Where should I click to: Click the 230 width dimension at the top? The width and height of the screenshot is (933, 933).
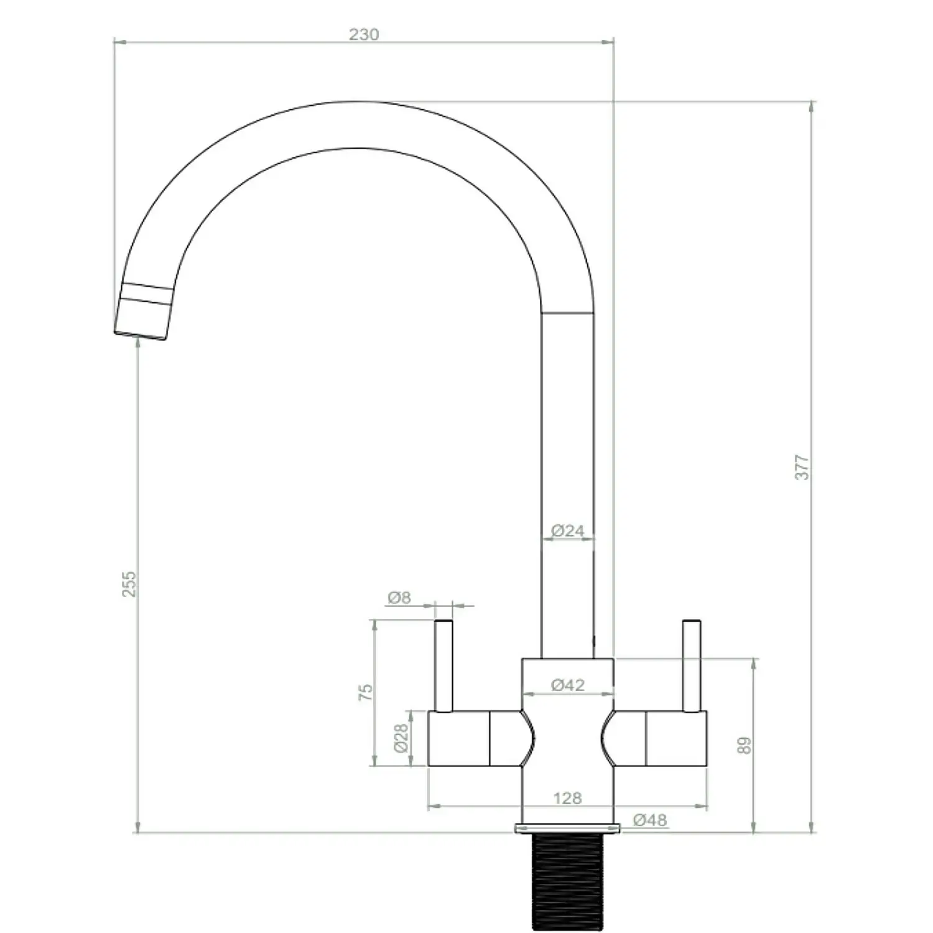pyautogui.click(x=363, y=34)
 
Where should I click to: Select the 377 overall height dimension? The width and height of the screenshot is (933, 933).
pyautogui.click(x=802, y=466)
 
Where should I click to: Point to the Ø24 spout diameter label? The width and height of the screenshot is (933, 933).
pyautogui.click(x=568, y=531)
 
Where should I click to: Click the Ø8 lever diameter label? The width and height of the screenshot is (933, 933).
pyautogui.click(x=399, y=598)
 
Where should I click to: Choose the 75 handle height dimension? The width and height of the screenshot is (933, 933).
pyautogui.click(x=366, y=692)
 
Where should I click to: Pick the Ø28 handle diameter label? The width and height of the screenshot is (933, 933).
pyautogui.click(x=402, y=738)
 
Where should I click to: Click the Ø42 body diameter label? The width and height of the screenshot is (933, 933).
pyautogui.click(x=568, y=685)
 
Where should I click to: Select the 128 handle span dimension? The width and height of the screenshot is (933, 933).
pyautogui.click(x=567, y=797)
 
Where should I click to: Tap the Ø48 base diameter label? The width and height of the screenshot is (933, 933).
pyautogui.click(x=650, y=820)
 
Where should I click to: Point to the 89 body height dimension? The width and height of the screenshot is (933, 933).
pyautogui.click(x=744, y=745)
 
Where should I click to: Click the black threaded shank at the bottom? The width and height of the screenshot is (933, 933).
pyautogui.click(x=567, y=880)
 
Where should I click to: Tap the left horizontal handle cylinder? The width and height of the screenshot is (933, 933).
pyautogui.click(x=460, y=738)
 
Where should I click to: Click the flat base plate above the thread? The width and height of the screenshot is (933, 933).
pyautogui.click(x=567, y=827)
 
